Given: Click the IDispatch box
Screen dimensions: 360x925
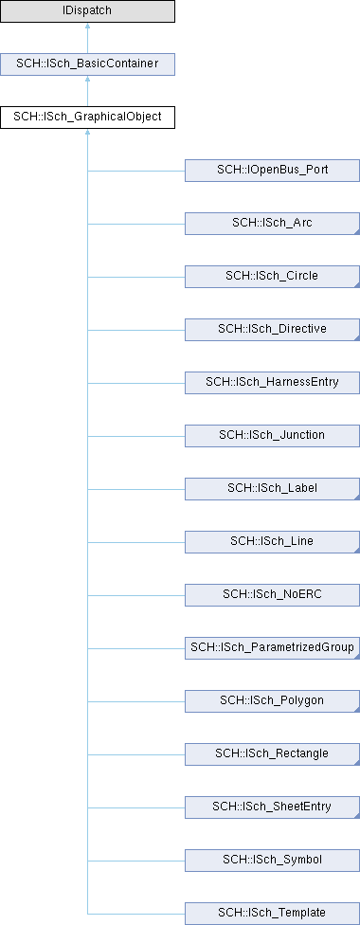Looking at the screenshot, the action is pos(87,11).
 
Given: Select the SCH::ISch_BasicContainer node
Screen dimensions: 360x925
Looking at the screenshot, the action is pos(87,63).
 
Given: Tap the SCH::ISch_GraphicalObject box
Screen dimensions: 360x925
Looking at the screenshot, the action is pos(87,117).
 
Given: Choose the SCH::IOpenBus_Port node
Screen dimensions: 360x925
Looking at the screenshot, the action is pos(272,171).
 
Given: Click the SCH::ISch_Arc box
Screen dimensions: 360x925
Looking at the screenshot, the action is pos(272,224).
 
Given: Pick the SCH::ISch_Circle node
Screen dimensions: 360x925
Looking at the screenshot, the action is pos(272,277).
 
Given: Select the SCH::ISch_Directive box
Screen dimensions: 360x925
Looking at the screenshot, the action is pos(272,330).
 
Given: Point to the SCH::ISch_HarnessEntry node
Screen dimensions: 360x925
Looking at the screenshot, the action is pos(272,383).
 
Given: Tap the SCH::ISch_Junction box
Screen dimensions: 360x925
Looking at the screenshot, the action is pos(272,436).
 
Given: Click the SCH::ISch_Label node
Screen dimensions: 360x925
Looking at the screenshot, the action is pos(272,489).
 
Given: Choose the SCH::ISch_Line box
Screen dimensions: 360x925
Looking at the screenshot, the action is pos(272,542).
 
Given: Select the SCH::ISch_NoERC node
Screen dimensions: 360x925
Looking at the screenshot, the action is pos(272,595).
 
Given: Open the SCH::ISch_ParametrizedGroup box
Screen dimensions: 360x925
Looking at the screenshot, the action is pos(272,648).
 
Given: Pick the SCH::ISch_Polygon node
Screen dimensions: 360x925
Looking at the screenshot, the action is pos(272,701).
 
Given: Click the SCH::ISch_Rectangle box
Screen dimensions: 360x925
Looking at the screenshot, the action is pos(272,754).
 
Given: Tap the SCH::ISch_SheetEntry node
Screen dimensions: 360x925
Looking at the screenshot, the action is pos(272,807).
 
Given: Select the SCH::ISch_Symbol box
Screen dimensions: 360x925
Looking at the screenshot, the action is pos(272,861).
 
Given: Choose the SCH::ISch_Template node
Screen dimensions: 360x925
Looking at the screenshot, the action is pos(272,914).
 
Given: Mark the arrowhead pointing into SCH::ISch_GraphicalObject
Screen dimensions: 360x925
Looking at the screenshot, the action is pos(87,133).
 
